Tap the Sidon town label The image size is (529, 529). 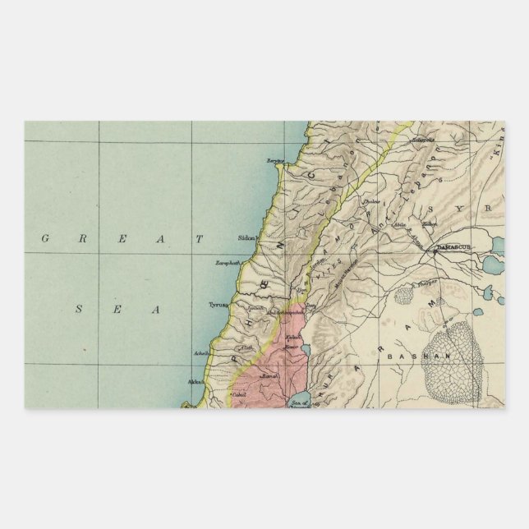pyautogui.click(x=246, y=237)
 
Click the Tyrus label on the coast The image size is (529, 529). pyautogui.click(x=217, y=304)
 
